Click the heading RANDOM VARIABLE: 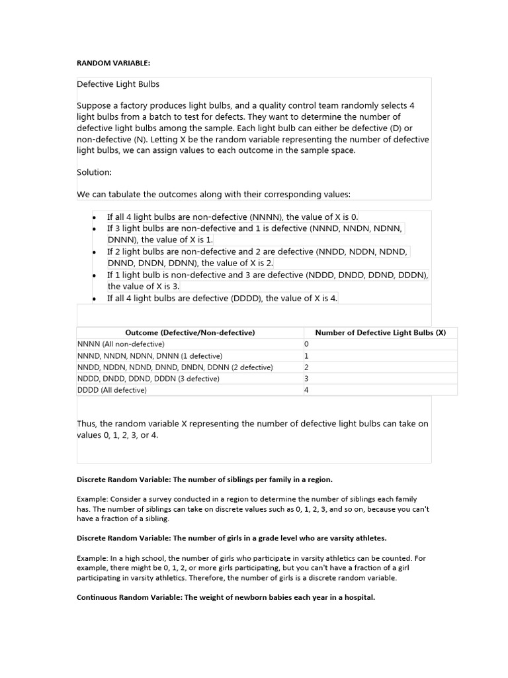pos(114,63)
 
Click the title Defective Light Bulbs pos(118,84)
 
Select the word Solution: pos(95,172)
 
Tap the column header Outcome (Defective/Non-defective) pos(190,332)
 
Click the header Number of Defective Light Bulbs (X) pos(380,332)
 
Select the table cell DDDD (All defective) pos(112,390)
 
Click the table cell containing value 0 pos(306,344)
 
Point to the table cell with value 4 pos(306,390)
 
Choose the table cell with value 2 pos(306,367)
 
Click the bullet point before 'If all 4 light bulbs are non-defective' pos(95,217)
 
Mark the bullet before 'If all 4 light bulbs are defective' pos(95,299)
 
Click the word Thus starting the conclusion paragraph pos(87,423)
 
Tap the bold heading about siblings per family pos(204,479)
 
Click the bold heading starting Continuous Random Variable pos(226,597)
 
